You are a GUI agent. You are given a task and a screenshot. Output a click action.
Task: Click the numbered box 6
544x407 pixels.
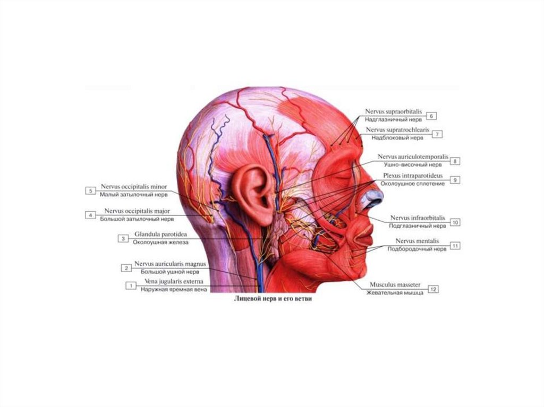click(x=431, y=116)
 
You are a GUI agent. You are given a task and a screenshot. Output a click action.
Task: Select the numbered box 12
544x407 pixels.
click(x=434, y=289)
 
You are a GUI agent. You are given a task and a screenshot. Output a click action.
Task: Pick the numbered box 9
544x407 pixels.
click(x=455, y=180)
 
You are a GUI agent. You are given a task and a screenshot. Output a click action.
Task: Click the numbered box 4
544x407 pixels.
click(x=91, y=215)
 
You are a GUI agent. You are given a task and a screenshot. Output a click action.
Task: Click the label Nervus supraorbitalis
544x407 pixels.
click(x=393, y=112)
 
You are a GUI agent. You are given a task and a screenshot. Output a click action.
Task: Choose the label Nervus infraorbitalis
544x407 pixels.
click(x=418, y=218)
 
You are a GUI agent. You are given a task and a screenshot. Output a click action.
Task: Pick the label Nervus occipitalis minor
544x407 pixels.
click(x=133, y=187)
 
